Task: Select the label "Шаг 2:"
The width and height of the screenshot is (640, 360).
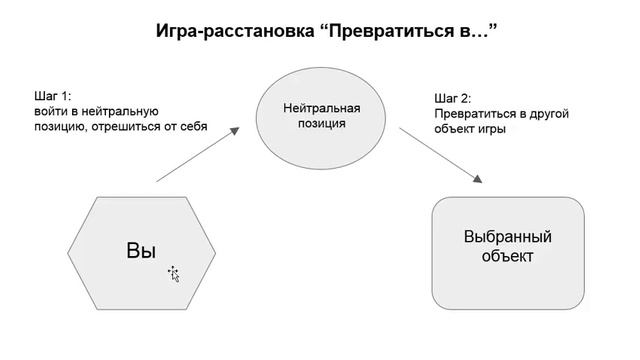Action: pyautogui.click(x=453, y=99)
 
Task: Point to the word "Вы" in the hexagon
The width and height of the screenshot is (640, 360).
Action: pyautogui.click(x=141, y=250)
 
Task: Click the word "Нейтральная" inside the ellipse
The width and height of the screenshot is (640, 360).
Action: pyautogui.click(x=321, y=108)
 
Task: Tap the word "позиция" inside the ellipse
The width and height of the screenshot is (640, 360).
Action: pyautogui.click(x=321, y=124)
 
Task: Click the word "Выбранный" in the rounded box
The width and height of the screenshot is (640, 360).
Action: pyautogui.click(x=508, y=238)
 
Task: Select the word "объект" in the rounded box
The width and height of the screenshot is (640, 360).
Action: pyautogui.click(x=507, y=257)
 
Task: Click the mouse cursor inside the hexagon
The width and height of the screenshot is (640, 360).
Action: pyautogui.click(x=173, y=273)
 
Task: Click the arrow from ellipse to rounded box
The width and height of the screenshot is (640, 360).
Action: pyautogui.click(x=440, y=155)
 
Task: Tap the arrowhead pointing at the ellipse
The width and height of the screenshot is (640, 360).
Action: pyautogui.click(x=238, y=130)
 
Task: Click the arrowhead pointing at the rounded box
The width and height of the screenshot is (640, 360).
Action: pyautogui.click(x=479, y=179)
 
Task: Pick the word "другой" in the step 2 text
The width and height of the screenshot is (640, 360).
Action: pyautogui.click(x=547, y=114)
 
